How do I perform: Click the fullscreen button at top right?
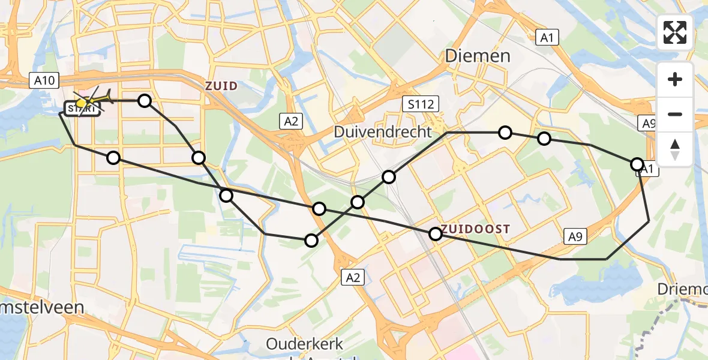point(675,32)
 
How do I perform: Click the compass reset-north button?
point(675,149)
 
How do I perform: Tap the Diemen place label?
point(478,56)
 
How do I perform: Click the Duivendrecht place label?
point(384,131)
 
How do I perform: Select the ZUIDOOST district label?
point(476,229)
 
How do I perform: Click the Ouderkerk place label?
point(304,344)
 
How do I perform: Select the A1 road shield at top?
point(546,38)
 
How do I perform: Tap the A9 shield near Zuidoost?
point(575,237)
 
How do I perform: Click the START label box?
point(80,109)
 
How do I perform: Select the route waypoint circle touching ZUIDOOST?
point(436,234)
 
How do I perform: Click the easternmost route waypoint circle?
point(637,164)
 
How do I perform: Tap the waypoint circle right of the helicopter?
point(145,100)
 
